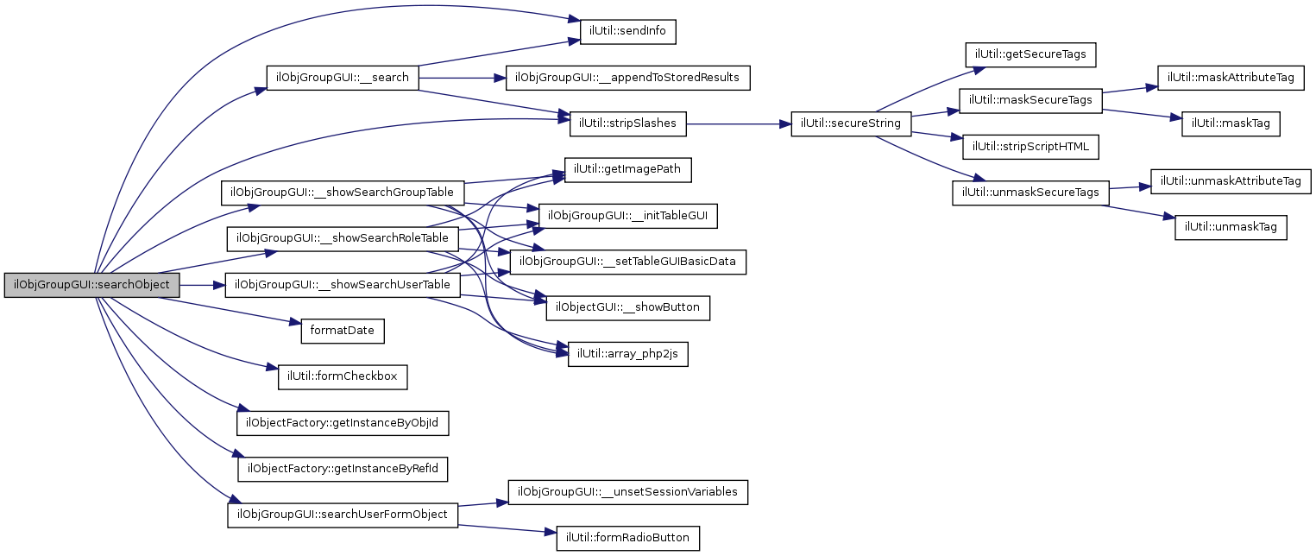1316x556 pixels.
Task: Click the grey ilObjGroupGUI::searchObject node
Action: [92, 285]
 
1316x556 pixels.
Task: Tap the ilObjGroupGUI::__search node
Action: [342, 78]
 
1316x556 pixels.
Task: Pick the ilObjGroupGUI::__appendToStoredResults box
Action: [627, 78]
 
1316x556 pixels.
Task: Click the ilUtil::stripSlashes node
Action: [628, 123]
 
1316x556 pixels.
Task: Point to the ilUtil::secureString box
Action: [851, 123]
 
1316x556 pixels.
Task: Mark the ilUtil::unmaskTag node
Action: [1231, 227]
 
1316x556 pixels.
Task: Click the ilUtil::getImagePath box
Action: [628, 170]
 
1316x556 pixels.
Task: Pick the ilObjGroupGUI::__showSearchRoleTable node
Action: [342, 238]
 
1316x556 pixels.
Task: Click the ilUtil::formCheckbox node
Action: [342, 376]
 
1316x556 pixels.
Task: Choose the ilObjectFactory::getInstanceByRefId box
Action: [343, 469]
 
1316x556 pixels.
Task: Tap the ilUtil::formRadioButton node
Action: [627, 538]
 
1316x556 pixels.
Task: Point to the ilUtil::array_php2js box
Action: [627, 354]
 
